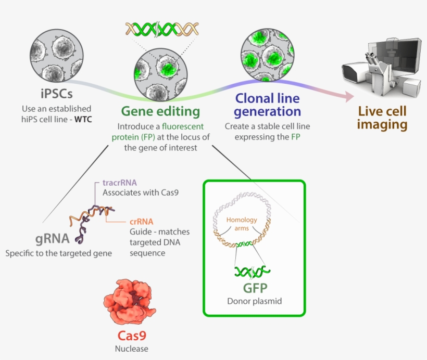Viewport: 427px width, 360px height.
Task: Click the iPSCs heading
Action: pyautogui.click(x=56, y=95)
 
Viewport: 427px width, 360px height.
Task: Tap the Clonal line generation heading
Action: pyautogui.click(x=267, y=104)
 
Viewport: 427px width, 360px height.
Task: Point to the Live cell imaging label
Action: pyautogui.click(x=382, y=118)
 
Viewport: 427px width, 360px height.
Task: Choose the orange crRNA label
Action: pyautogui.click(x=141, y=221)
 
